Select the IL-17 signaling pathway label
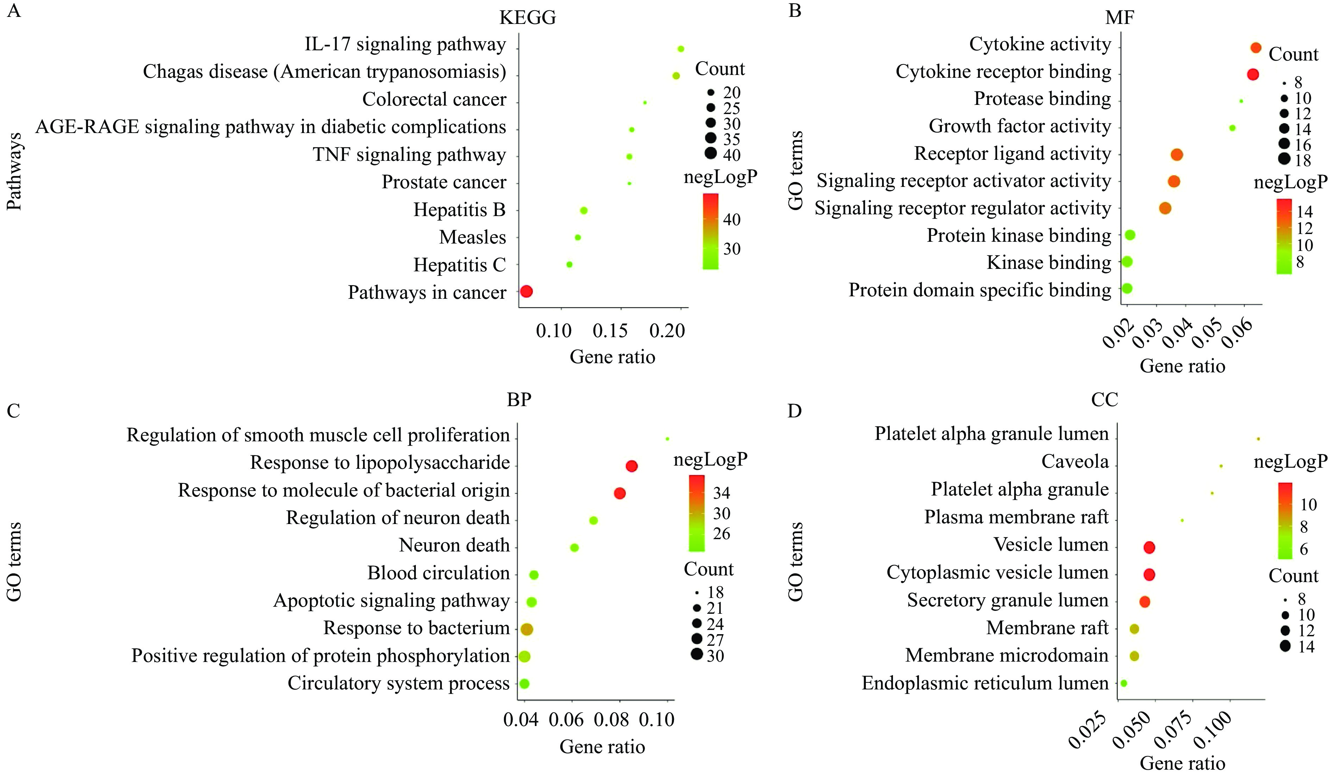point(405,44)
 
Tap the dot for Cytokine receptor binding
point(1252,75)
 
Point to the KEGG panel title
point(527,18)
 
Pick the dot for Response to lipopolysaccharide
point(632,466)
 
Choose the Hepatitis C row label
point(460,265)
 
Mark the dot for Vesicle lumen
point(1149,548)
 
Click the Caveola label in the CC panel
point(1075,462)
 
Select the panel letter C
point(13,411)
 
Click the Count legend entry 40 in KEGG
point(732,155)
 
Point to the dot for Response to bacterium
point(527,629)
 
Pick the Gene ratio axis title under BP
point(602,747)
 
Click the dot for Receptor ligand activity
point(1176,155)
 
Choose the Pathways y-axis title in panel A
point(14,172)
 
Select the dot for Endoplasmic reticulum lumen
point(1123,683)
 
